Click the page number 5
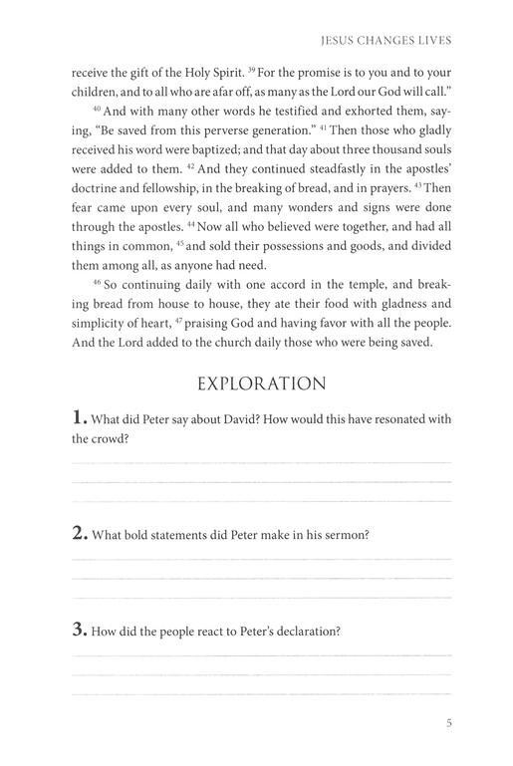pos(449,724)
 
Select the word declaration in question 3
pos(305,631)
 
